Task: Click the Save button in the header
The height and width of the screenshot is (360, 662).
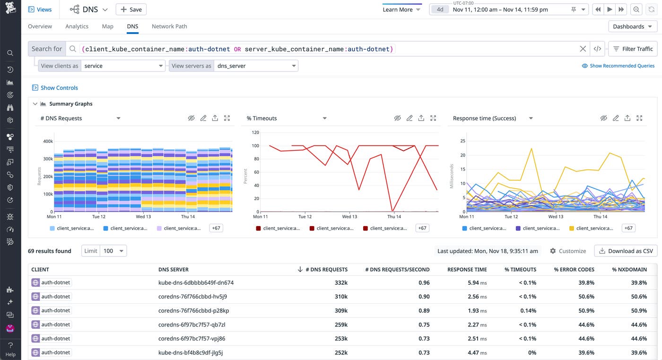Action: click(131, 9)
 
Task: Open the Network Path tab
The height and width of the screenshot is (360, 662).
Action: click(169, 26)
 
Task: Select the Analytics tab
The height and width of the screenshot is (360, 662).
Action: click(77, 26)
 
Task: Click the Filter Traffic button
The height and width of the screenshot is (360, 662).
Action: click(633, 49)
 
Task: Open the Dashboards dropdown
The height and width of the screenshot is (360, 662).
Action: click(632, 26)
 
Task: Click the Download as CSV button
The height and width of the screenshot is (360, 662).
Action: click(626, 251)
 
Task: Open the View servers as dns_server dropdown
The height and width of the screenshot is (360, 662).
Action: click(256, 66)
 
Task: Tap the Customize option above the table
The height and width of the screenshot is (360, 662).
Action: click(568, 251)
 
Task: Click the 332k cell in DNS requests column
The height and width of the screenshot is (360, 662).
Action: click(340, 283)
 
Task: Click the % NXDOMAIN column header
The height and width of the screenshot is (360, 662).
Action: click(629, 270)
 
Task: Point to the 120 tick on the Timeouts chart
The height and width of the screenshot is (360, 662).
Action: click(255, 132)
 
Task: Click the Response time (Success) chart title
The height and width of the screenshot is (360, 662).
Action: click(484, 118)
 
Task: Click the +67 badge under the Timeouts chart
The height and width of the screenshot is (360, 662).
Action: click(422, 228)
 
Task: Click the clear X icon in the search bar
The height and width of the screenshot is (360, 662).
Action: click(583, 49)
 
